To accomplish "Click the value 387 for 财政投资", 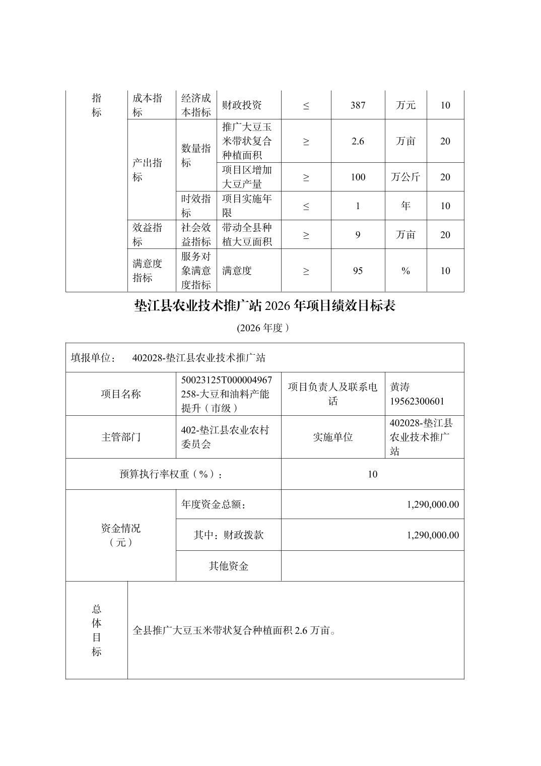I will point(358,105).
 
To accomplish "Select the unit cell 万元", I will point(405,105).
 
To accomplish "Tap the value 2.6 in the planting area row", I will point(358,141).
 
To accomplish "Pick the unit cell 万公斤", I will point(405,177).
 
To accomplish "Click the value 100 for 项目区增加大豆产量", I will point(358,177).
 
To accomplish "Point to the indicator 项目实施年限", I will point(247,206).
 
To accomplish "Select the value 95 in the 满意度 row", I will point(358,271).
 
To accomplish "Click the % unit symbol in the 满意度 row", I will point(405,271).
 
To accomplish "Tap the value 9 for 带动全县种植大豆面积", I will point(358,235).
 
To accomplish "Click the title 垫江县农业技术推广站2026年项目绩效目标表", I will point(264,305).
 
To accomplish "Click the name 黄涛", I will point(400,387).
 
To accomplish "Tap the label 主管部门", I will point(121,437).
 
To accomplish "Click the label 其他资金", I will point(229,566).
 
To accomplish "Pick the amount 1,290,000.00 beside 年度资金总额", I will point(433,504).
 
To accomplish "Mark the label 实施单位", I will point(333,437).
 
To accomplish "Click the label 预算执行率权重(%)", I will point(171,474).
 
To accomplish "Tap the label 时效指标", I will point(196,206).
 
